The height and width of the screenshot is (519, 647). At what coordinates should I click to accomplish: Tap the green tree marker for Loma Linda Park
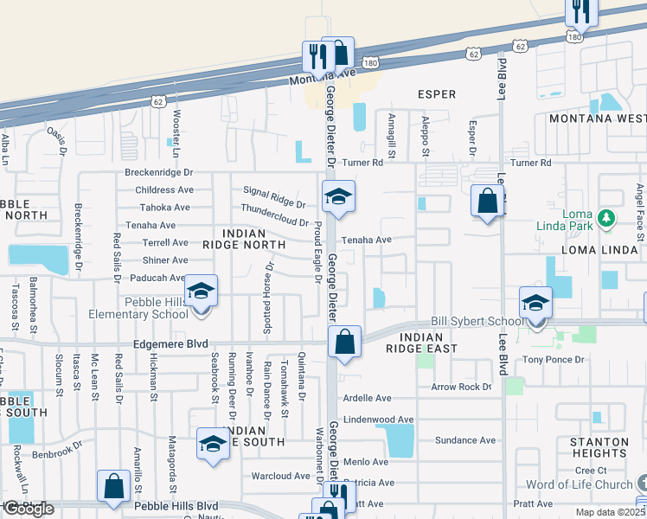[608, 217]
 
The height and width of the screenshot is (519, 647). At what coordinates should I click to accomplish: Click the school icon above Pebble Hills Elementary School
[201, 292]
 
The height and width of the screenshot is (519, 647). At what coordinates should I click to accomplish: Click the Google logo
[29, 509]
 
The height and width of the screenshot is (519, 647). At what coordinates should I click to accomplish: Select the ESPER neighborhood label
[436, 93]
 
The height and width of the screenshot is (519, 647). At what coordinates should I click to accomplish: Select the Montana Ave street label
[322, 75]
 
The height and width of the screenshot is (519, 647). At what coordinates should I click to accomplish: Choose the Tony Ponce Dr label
[554, 359]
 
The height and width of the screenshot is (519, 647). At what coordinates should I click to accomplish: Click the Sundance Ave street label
[465, 440]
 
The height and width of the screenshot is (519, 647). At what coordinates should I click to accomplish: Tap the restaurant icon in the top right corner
[580, 11]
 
